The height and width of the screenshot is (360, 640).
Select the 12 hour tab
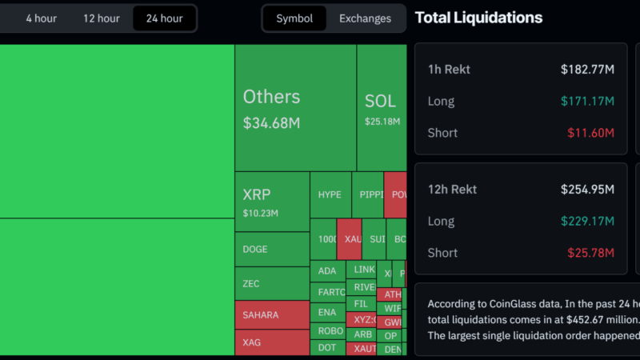coord(101,18)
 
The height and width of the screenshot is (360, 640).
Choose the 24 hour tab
coord(164,18)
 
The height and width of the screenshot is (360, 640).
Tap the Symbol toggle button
coord(294,18)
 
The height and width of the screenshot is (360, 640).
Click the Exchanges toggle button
coord(365,18)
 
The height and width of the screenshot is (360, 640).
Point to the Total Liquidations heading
coord(478,18)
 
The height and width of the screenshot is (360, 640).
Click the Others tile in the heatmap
coord(295,107)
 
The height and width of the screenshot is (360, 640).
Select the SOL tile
coord(381,107)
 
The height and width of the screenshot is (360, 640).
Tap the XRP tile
coord(272,202)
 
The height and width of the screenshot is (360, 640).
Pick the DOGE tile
coord(272,249)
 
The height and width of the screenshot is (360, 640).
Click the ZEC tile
coord(272,283)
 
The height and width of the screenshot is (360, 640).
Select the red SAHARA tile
coord(272,314)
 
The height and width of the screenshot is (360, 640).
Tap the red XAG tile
coord(272,342)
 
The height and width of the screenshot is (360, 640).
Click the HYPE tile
coord(330,194)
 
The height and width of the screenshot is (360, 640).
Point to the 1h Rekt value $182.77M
coord(587,70)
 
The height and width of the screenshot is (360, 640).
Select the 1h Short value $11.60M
coord(590,134)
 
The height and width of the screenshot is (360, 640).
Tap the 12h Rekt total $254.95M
coord(587,190)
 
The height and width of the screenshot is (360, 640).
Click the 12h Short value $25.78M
coord(590,253)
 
